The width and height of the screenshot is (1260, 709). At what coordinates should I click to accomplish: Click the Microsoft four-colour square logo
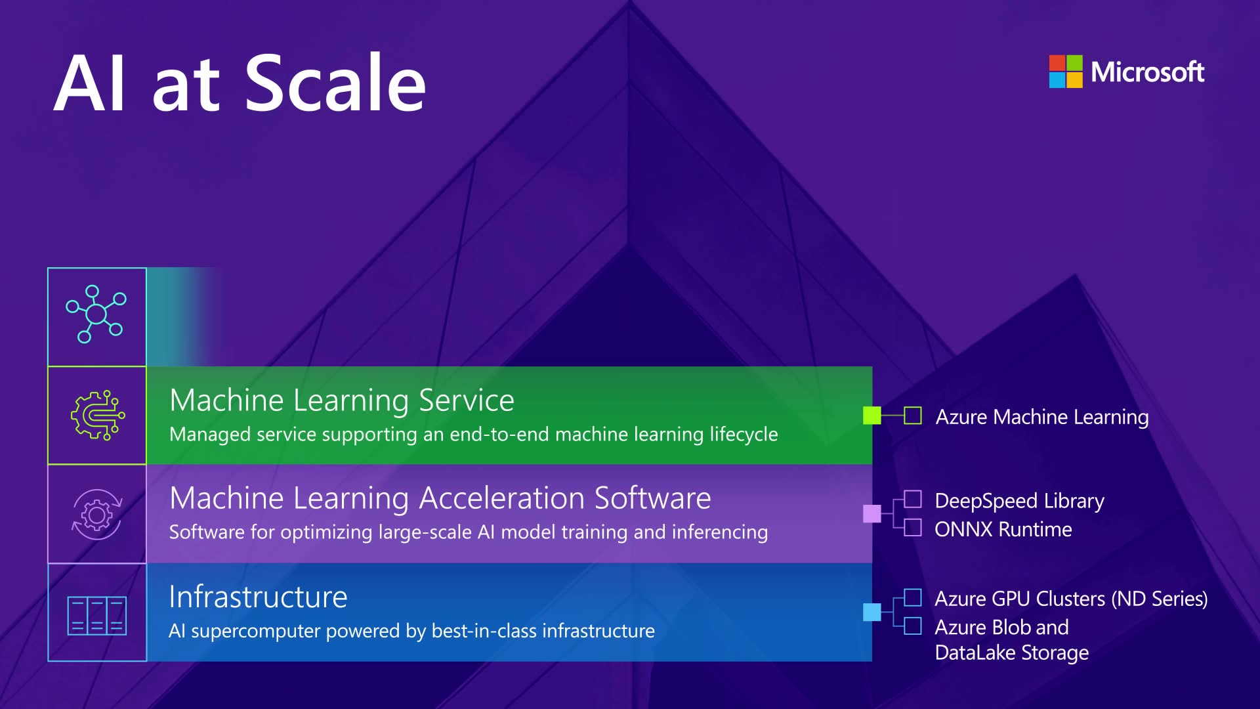tap(1065, 72)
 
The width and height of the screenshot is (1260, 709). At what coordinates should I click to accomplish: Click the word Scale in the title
tap(335, 83)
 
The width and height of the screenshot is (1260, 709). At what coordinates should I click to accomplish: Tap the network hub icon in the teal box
tap(96, 314)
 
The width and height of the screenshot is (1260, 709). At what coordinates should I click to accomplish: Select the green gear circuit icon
tap(97, 415)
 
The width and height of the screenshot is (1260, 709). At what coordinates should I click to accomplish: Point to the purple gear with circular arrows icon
tap(97, 514)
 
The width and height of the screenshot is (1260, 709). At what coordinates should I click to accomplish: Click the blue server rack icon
tap(97, 615)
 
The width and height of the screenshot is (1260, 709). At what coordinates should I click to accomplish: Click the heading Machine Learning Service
tap(341, 400)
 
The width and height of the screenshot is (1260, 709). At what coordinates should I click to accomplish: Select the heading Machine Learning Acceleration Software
tap(440, 498)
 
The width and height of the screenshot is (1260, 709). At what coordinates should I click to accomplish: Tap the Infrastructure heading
tap(258, 597)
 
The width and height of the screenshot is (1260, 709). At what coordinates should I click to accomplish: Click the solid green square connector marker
tap(871, 416)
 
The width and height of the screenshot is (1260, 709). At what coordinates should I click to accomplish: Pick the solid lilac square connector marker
tap(871, 513)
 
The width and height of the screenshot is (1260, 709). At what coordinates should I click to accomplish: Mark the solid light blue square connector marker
tap(871, 612)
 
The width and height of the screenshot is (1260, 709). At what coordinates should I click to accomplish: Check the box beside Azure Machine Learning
tap(912, 416)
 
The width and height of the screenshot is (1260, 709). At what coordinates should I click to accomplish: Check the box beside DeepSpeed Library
tap(912, 500)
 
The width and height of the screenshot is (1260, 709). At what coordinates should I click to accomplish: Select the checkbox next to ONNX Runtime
tap(912, 528)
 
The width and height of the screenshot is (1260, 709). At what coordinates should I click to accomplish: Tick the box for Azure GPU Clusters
tap(912, 597)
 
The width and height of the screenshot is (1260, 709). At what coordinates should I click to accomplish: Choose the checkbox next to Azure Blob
tap(912, 626)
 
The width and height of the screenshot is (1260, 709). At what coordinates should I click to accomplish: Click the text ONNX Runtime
tap(1003, 529)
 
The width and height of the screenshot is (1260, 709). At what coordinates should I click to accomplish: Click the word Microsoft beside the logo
tap(1147, 72)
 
